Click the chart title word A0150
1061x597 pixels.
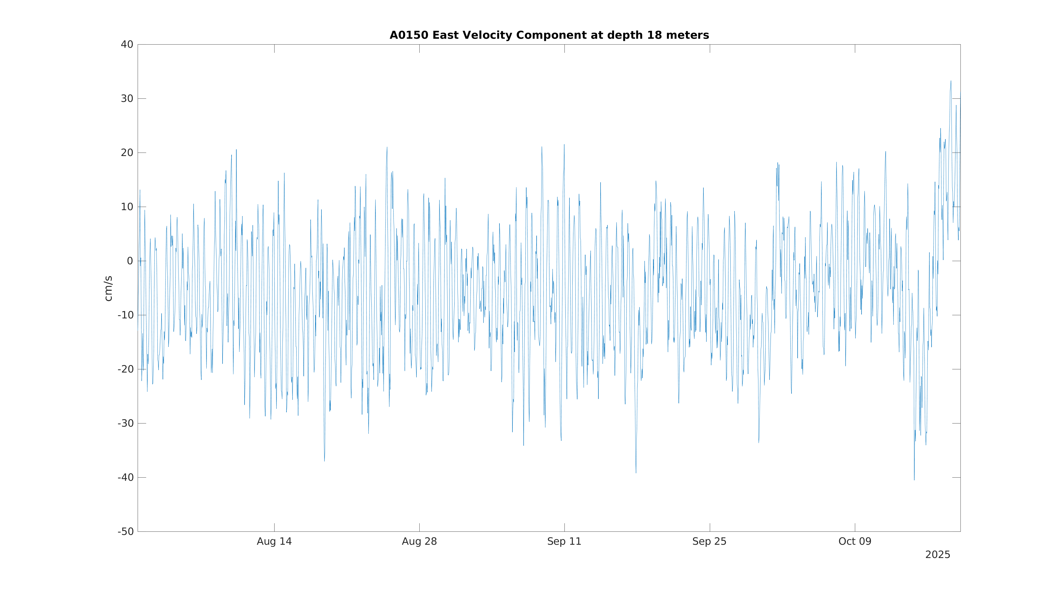click(x=409, y=36)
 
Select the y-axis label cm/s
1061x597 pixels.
click(x=108, y=288)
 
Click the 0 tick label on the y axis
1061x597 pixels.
click(x=130, y=261)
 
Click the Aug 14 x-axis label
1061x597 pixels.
click(x=274, y=542)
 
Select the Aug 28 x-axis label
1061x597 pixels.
click(x=419, y=542)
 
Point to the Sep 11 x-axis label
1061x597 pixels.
click(x=564, y=542)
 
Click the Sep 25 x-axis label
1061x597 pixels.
click(x=709, y=542)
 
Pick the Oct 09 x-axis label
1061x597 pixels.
click(x=855, y=542)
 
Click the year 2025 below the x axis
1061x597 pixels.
click(x=937, y=555)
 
